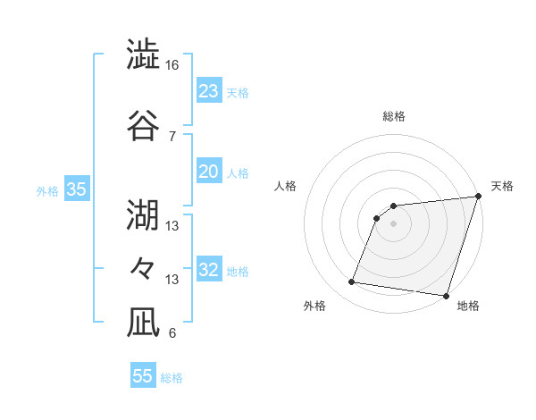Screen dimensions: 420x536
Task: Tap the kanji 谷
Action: [143, 125]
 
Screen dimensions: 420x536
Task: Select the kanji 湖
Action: [143, 215]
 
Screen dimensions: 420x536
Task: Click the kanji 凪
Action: [143, 323]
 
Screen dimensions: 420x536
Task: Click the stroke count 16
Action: [172, 65]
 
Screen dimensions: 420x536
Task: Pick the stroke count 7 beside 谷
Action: [172, 136]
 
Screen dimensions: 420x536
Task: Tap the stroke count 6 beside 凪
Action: [172, 333]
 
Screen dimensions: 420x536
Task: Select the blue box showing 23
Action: [208, 91]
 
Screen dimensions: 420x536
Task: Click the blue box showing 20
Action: [208, 172]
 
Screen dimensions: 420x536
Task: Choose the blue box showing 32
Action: [208, 270]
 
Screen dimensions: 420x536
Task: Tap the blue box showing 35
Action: [76, 189]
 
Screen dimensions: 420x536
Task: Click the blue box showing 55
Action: [143, 376]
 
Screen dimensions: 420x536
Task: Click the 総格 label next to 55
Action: [172, 378]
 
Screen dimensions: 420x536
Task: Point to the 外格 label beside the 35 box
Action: [47, 190]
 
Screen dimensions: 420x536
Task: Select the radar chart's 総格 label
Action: [393, 116]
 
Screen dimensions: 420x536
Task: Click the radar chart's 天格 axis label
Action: [502, 186]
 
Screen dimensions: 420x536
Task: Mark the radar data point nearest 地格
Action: [446, 296]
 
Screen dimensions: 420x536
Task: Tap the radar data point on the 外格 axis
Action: [352, 282]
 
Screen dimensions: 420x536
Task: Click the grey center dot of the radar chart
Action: [393, 223]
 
